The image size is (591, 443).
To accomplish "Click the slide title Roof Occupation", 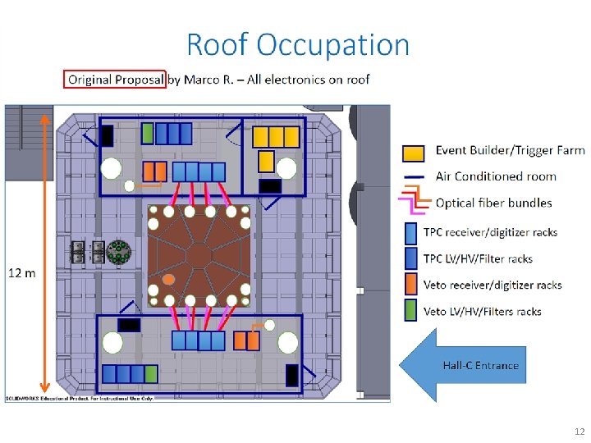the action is pyautogui.click(x=298, y=45).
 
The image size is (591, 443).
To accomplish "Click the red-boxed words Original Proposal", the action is pyautogui.click(x=116, y=80).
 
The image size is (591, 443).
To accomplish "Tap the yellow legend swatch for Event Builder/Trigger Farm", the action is pyautogui.click(x=413, y=153).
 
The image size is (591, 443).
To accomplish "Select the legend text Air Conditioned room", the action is pyautogui.click(x=496, y=176).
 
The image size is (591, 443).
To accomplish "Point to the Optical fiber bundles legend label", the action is pyautogui.click(x=494, y=203).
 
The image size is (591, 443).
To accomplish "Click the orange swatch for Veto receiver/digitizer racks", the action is pyautogui.click(x=411, y=284).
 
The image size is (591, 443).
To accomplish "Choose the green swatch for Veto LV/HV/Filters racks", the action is pyautogui.click(x=410, y=310).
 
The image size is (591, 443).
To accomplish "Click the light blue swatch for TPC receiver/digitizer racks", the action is pyautogui.click(x=411, y=234).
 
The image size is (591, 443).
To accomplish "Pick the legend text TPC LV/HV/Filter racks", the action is pyautogui.click(x=478, y=258).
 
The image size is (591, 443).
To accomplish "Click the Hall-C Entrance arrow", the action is pyautogui.click(x=462, y=364).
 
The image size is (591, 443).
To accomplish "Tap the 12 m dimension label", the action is pyautogui.click(x=22, y=272).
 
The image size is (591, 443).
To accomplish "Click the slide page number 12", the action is pyautogui.click(x=580, y=432).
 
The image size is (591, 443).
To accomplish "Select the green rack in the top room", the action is pyautogui.click(x=148, y=134).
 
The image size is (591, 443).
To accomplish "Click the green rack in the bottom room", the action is pyautogui.click(x=151, y=374).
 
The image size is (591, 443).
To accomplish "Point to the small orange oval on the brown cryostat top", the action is pyautogui.click(x=168, y=280).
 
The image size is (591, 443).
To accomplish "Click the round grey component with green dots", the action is pyautogui.click(x=119, y=252).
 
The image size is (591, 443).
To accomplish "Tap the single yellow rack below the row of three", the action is pyautogui.click(x=267, y=162).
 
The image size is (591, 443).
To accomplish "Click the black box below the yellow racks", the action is pyautogui.click(x=270, y=186).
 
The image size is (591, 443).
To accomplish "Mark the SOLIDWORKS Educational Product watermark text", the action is pyautogui.click(x=80, y=399).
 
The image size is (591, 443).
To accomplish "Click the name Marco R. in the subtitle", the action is pyautogui.click(x=208, y=80).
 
